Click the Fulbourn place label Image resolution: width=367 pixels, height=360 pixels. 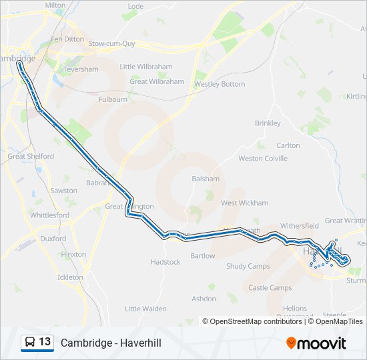click(x=113, y=99)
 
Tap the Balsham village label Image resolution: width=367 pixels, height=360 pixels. click(x=206, y=179)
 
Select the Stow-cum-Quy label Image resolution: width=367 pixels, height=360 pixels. click(x=111, y=43)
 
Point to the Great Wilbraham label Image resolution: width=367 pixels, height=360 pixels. click(x=157, y=81)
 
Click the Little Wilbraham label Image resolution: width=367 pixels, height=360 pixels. click(x=145, y=67)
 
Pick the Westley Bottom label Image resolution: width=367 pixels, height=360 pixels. click(x=220, y=85)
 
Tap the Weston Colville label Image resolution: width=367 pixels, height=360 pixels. click(x=263, y=159)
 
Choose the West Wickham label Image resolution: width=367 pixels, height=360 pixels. click(x=244, y=203)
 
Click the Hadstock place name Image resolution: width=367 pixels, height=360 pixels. click(x=165, y=262)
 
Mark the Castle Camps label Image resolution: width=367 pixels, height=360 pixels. click(x=270, y=288)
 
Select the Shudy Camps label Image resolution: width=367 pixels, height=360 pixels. click(x=248, y=266)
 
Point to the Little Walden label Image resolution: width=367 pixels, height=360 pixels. click(x=145, y=309)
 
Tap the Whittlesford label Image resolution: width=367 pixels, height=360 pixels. click(x=49, y=215)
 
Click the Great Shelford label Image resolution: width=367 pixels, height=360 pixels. click(x=31, y=157)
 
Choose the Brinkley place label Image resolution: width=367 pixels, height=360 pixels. click(x=268, y=123)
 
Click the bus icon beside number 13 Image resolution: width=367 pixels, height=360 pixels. click(x=30, y=343)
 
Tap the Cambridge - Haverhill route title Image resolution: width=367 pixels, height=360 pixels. click(x=111, y=343)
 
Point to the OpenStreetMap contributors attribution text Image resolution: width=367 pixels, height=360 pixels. click(x=252, y=321)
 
